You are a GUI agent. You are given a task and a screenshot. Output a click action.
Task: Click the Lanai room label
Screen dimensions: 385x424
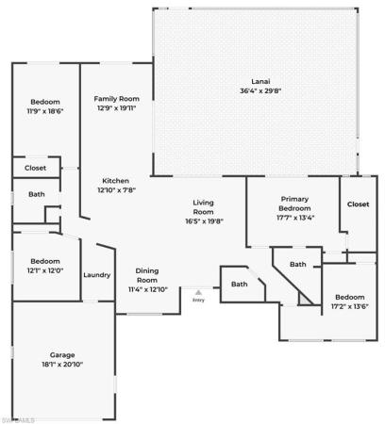[260, 82]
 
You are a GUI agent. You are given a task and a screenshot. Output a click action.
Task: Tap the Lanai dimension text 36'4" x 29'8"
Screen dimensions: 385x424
[260, 91]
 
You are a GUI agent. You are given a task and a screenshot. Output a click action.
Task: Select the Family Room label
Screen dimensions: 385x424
[117, 99]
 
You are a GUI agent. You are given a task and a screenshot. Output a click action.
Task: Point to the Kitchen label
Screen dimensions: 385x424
[116, 181]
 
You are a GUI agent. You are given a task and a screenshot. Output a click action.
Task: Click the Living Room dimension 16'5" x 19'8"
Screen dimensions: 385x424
[204, 221]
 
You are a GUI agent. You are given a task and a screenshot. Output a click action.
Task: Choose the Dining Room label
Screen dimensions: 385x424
[147, 275]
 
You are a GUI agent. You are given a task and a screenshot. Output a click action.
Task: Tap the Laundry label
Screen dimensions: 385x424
[97, 275]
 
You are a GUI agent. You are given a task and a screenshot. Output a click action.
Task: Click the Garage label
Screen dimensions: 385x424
[62, 355]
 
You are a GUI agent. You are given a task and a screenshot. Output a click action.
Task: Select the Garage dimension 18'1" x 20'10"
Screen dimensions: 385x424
[62, 365]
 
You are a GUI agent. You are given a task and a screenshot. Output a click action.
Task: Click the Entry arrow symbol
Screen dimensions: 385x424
[198, 292]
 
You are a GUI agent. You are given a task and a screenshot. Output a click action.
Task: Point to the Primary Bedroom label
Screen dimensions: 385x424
[294, 204]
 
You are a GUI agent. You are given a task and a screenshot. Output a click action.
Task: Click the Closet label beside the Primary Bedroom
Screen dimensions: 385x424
[359, 204]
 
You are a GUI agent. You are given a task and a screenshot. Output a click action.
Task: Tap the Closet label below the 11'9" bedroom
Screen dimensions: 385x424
[35, 168]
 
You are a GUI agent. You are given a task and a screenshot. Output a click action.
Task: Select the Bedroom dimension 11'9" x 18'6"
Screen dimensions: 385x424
[45, 111]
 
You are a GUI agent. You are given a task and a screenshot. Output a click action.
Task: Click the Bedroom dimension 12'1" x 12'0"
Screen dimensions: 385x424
[45, 270]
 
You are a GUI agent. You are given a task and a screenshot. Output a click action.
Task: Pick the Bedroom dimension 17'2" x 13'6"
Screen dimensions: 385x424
[350, 306]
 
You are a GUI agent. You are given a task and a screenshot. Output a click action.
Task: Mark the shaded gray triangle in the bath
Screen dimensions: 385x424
[304, 300]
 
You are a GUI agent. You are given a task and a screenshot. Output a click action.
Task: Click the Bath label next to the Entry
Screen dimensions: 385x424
[240, 285]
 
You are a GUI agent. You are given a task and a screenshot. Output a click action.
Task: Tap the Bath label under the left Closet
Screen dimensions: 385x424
[37, 194]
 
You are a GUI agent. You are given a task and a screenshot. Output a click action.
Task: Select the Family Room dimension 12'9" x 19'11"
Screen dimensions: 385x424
[117, 108]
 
